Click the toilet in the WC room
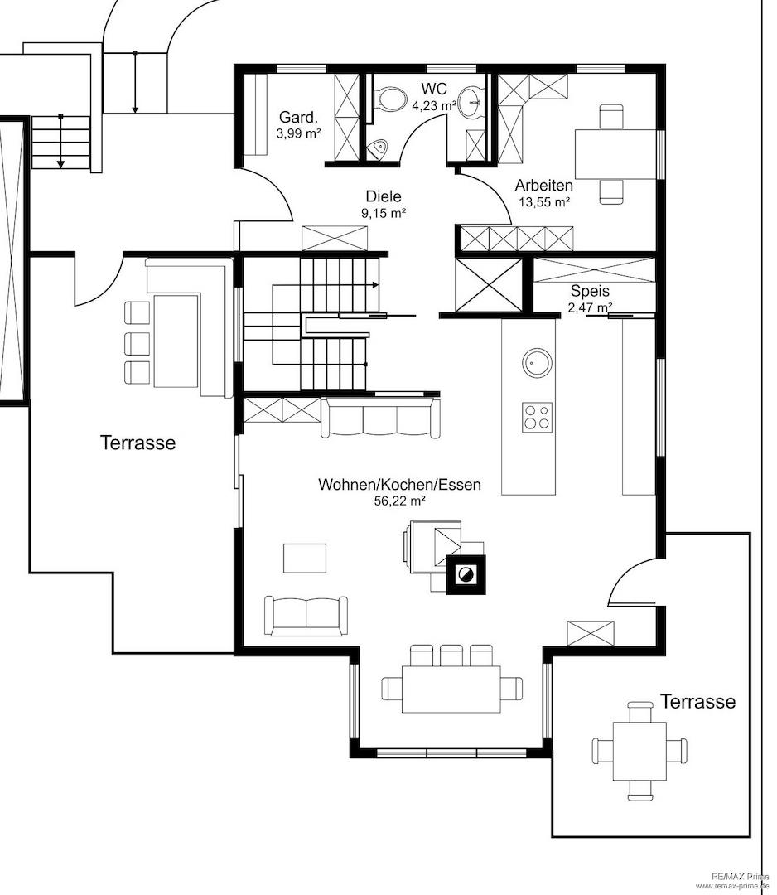pyautogui.click(x=389, y=99)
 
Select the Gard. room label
pyautogui.click(x=297, y=118)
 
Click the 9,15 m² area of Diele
pyautogui.click(x=384, y=214)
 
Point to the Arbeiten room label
pyautogui.click(x=543, y=185)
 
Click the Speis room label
pyautogui.click(x=590, y=291)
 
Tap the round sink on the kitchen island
pyautogui.click(x=537, y=362)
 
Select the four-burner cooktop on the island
pyautogui.click(x=537, y=416)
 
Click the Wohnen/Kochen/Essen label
pyautogui.click(x=399, y=485)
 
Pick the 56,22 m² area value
pyautogui.click(x=399, y=501)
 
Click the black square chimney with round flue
pyautogui.click(x=466, y=575)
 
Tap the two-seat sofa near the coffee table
pyautogui.click(x=306, y=616)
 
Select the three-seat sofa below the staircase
pyautogui.click(x=380, y=418)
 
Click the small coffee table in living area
pyautogui.click(x=305, y=559)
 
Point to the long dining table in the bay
pyautogui.click(x=451, y=689)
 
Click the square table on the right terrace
pyautogui.click(x=639, y=751)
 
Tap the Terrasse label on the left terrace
pyautogui.click(x=138, y=443)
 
